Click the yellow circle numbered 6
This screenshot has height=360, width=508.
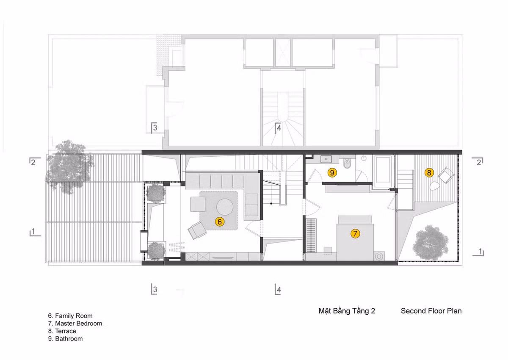point(219,221)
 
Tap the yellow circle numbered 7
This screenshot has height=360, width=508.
point(355,233)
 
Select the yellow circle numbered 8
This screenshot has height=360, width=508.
point(429,172)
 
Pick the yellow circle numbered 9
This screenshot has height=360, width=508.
point(332,172)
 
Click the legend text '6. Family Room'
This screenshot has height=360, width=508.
point(70,316)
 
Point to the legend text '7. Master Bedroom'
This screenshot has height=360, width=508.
point(75,324)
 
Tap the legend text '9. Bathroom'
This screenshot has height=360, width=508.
point(65,339)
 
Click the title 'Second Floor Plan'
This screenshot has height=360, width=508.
point(431,311)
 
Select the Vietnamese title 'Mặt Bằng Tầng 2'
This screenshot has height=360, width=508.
point(347,311)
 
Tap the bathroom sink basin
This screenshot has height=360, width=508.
point(326,159)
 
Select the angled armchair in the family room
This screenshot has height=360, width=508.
point(196,231)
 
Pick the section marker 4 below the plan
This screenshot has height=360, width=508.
point(278,290)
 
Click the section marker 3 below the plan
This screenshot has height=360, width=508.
point(155,290)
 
